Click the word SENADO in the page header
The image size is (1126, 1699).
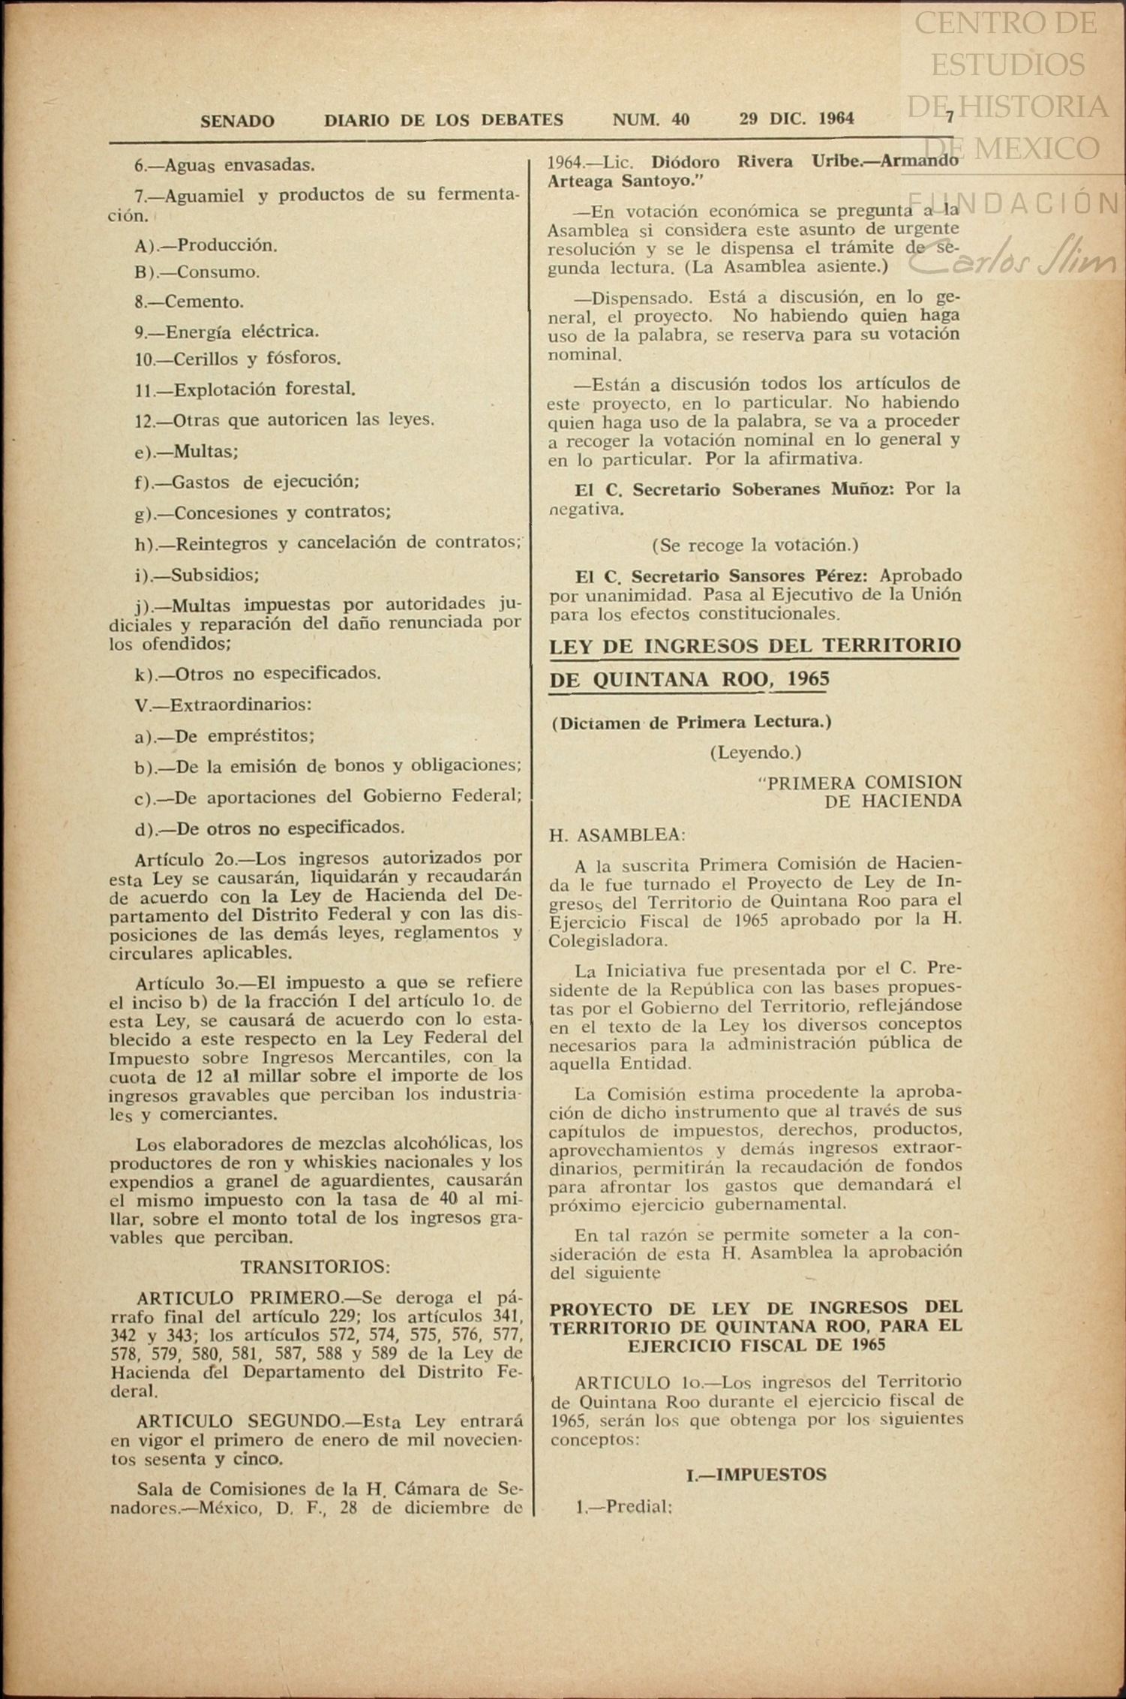(237, 120)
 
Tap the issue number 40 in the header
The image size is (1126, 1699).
(680, 119)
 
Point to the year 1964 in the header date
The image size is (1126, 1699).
(836, 119)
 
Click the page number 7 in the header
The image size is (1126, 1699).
(950, 117)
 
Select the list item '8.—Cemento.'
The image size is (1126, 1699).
(189, 302)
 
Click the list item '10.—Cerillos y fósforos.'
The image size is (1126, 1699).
(238, 359)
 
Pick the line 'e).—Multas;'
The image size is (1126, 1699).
(186, 451)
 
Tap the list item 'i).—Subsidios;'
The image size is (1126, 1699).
(197, 575)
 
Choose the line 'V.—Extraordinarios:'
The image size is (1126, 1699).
(223, 705)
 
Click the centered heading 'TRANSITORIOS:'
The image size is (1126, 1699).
(315, 1267)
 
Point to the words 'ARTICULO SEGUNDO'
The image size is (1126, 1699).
(238, 1421)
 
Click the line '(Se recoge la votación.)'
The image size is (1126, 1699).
(755, 544)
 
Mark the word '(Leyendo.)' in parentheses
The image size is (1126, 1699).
(755, 752)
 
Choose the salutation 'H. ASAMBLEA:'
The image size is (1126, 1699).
(617, 834)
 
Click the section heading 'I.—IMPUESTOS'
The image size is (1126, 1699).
(756, 1474)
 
